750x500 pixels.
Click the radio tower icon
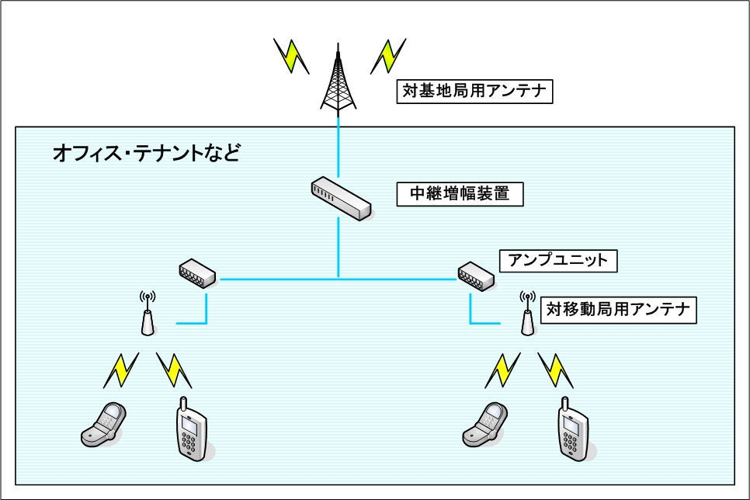point(338,82)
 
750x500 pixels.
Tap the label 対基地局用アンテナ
point(474,92)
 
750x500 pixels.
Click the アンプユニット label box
point(558,260)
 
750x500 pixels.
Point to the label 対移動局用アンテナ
point(618,310)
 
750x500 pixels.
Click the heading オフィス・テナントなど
point(146,152)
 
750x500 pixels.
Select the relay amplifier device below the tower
point(341,197)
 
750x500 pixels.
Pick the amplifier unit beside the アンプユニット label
point(475,275)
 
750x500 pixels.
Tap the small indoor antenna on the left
point(148,316)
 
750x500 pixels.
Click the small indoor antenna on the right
point(527,316)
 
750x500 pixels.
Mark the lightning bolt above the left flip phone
point(121,370)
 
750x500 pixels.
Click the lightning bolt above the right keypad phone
point(556,370)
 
